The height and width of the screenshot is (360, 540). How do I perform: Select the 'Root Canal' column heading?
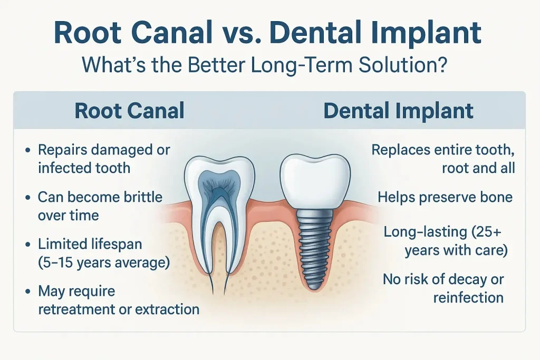click(x=130, y=111)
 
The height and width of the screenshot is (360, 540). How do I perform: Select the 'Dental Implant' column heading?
click(x=398, y=111)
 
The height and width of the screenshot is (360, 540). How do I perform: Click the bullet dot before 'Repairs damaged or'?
click(x=27, y=151)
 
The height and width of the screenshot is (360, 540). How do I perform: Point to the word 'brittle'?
click(x=141, y=197)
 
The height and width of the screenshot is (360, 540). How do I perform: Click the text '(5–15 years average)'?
click(x=104, y=262)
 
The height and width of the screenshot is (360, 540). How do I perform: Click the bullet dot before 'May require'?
click(x=27, y=291)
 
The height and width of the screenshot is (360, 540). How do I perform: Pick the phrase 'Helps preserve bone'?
click(x=445, y=197)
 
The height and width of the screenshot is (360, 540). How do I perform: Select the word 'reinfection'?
click(x=468, y=297)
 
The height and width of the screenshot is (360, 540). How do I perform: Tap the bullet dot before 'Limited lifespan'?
click(x=27, y=245)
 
